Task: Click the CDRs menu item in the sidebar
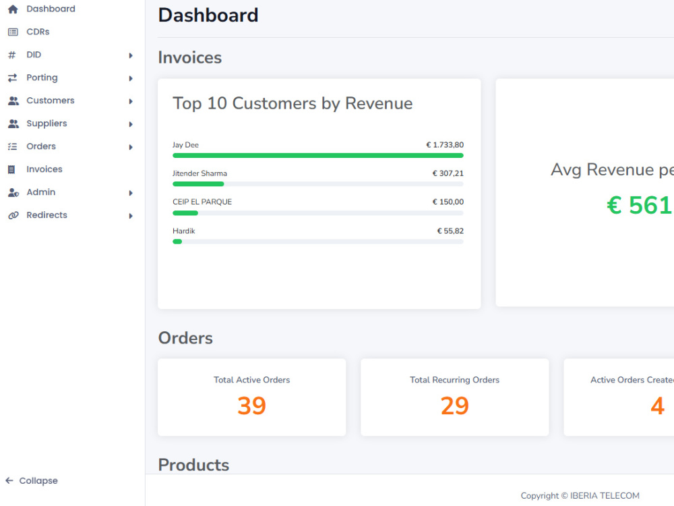38,32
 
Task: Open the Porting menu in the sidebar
42,78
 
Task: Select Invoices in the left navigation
44,169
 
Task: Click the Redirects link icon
13,215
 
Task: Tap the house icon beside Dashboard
13,9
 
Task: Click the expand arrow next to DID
131,55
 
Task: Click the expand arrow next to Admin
131,193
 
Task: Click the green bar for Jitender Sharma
198,184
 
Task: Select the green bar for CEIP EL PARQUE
185,213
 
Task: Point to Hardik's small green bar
177,242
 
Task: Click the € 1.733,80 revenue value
445,145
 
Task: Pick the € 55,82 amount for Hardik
450,231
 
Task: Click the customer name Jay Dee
186,145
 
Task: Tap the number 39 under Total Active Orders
252,405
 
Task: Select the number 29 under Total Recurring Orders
455,405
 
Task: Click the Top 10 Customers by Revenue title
293,104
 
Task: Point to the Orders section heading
185,338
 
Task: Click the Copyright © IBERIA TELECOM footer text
580,496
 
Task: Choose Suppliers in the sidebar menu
47,123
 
